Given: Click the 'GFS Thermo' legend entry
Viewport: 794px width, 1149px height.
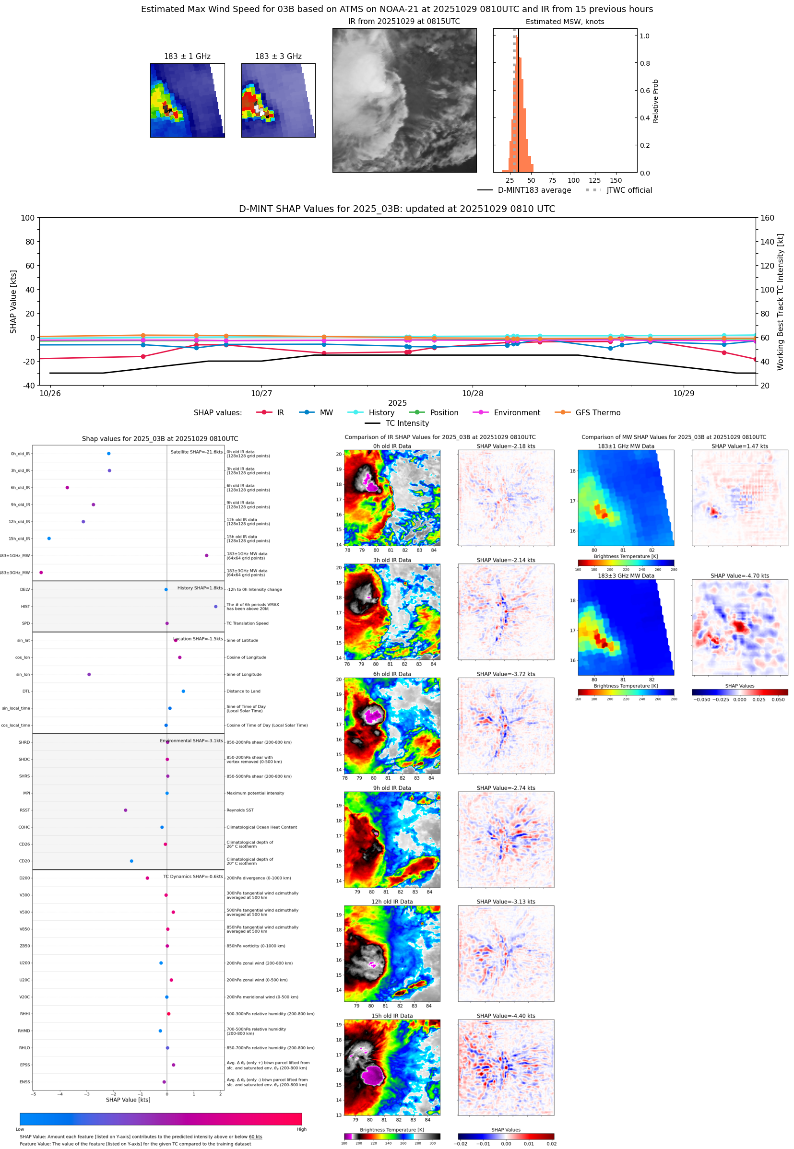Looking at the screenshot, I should [x=597, y=413].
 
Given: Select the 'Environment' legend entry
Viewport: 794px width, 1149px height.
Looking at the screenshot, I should [x=516, y=413].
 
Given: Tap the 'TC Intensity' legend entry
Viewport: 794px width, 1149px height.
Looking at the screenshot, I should [x=406, y=423].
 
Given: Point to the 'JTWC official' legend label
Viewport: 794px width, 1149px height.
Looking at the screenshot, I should [x=629, y=190].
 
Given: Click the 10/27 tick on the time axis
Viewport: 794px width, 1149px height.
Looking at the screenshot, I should [x=261, y=393].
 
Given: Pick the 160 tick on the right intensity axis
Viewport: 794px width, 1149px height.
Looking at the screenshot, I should [x=767, y=218].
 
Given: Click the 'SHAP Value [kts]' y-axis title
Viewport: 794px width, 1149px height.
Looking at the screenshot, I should [x=13, y=301].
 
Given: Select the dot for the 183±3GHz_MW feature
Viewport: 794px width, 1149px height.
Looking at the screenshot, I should [x=41, y=572].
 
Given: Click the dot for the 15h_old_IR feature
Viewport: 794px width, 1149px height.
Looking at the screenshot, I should [x=49, y=539].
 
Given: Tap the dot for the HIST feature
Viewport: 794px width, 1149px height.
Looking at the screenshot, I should [x=215, y=607].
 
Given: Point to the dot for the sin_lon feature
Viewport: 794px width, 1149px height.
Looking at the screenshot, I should [x=89, y=674].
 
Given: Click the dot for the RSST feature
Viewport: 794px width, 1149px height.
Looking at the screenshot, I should [x=125, y=810].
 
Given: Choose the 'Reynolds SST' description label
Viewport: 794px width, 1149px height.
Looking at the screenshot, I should [x=240, y=810].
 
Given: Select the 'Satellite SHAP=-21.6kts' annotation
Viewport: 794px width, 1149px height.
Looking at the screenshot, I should [x=197, y=452].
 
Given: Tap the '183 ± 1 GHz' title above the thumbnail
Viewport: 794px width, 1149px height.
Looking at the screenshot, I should [x=187, y=57].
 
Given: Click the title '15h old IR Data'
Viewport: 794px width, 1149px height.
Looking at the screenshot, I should [x=392, y=1016].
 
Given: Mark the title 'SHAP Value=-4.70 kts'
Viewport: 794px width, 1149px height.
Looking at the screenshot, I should [x=739, y=576].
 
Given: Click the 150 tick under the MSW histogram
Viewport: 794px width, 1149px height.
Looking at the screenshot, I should [x=616, y=180].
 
